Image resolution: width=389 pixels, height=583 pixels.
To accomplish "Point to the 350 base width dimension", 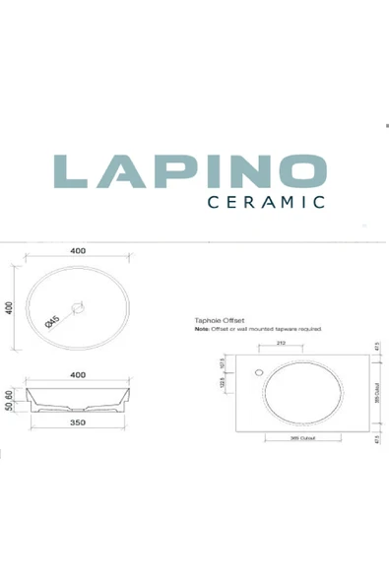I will coord(78,422).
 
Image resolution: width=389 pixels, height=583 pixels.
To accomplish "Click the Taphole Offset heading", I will coord(221,320).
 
